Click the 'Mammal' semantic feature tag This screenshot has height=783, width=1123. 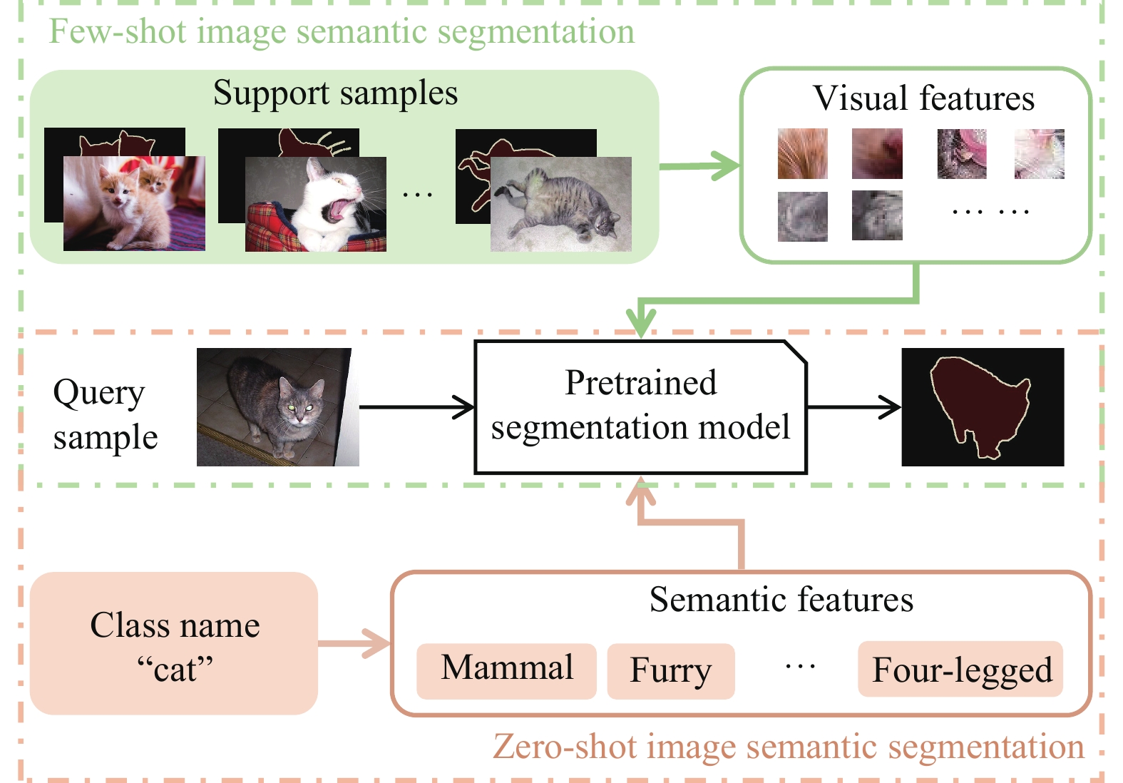click(x=506, y=670)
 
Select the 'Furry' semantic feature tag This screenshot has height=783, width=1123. click(x=670, y=671)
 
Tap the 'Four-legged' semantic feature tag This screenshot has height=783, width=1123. click(x=960, y=670)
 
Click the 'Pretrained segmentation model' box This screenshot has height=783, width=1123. click(x=640, y=406)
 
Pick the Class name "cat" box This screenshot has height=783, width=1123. click(x=174, y=644)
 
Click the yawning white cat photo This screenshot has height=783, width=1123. click(x=316, y=205)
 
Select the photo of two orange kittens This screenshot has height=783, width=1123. click(x=134, y=204)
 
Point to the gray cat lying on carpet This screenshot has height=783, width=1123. click(x=560, y=205)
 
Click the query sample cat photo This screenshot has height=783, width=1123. click(x=277, y=407)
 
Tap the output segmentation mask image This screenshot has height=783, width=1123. click(x=983, y=407)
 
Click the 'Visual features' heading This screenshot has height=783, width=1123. click(x=923, y=98)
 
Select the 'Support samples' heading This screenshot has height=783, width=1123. click(x=335, y=93)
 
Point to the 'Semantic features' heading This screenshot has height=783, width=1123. click(x=781, y=600)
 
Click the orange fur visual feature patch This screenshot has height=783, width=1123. click(x=803, y=153)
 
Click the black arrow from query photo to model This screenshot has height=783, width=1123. click(x=416, y=407)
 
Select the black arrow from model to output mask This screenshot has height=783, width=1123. click(x=854, y=407)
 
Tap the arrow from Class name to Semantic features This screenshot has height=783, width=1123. click(x=354, y=643)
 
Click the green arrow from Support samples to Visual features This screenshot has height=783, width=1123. click(x=699, y=166)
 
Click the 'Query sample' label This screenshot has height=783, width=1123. click(x=105, y=414)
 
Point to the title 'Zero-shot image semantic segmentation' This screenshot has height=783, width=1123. click(x=788, y=747)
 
